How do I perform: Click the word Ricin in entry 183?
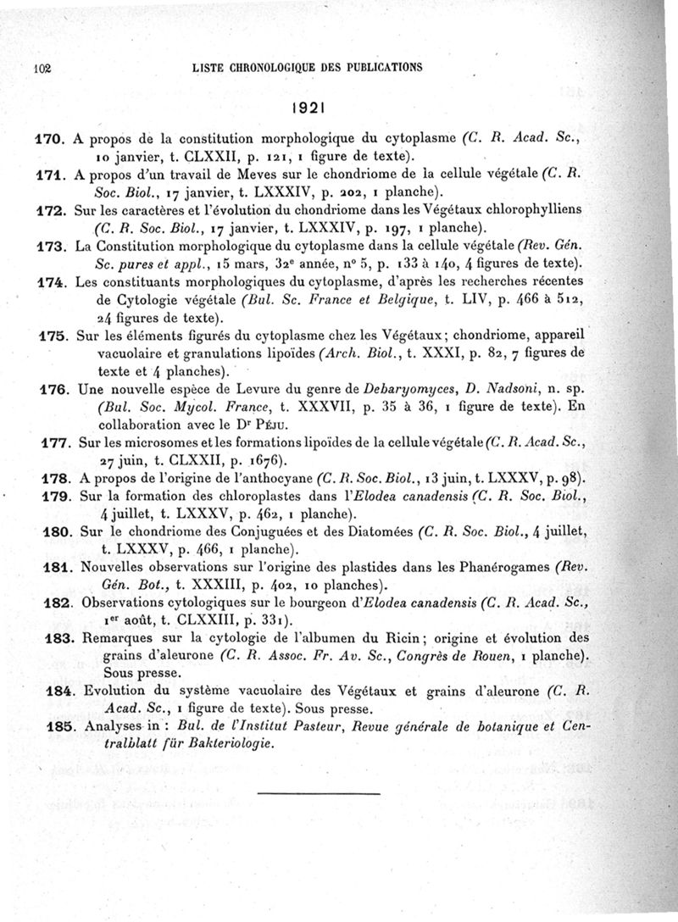click(375, 637)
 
